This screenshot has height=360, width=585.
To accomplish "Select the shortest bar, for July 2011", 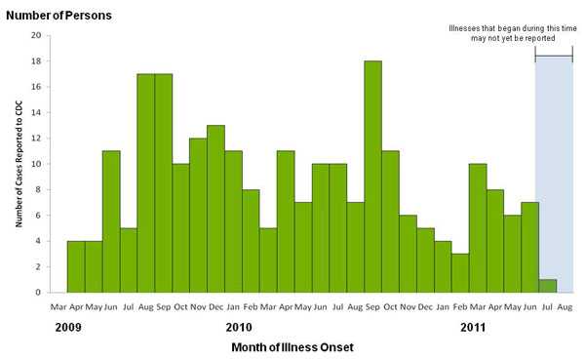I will pos(548,286).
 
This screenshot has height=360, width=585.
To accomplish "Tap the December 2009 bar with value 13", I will pos(216,209).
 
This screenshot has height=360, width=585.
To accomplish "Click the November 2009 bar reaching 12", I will pos(199,216).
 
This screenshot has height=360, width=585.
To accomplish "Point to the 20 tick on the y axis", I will pos(36,36).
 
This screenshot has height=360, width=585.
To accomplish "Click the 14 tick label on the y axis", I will pos(36,113).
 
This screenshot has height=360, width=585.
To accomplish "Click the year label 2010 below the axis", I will pos(239,327).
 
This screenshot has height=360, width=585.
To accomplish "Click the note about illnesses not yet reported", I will pos(502,32).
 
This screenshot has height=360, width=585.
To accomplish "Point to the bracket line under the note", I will pos(554,58).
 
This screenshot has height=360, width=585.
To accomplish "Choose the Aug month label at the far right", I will pos(565,306).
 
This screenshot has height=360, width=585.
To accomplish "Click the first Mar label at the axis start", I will pos(58,306).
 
